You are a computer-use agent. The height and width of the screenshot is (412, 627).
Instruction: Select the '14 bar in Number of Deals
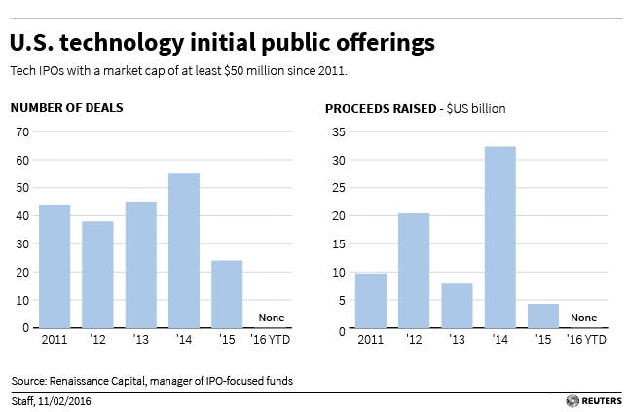183,250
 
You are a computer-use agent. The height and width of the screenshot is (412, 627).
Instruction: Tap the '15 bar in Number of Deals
227,294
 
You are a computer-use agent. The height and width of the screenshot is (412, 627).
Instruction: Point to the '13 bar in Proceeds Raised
457,306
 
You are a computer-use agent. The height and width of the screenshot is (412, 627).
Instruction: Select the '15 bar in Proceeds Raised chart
542,317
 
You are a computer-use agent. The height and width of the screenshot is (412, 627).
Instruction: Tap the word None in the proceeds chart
584,318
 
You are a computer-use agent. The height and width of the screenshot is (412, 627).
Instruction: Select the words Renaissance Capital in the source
101,379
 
